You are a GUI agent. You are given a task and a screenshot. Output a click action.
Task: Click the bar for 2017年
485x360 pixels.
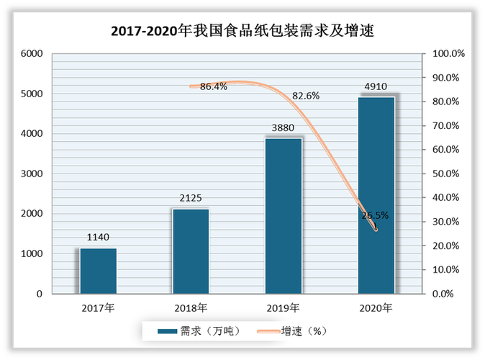(98, 271)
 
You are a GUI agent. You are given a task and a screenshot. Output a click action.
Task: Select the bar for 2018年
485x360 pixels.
(191, 251)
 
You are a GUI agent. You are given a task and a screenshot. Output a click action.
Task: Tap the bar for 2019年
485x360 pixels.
(284, 216)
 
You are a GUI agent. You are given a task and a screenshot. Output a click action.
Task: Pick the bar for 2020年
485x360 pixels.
(376, 195)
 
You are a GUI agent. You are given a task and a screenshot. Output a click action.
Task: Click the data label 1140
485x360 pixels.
(98, 237)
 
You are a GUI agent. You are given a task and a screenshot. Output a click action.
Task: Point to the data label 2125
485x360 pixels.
(191, 197)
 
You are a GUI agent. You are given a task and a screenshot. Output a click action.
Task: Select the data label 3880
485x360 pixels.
(284, 127)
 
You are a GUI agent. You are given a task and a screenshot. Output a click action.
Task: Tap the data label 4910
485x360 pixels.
(376, 86)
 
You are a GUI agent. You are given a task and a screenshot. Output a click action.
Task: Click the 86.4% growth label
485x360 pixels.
(214, 86)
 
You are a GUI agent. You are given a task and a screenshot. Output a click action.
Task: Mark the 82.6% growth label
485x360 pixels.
(306, 96)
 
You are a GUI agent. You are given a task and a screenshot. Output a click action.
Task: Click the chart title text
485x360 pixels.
(242, 32)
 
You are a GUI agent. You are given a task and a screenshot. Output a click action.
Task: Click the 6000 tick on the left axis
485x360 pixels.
(31, 54)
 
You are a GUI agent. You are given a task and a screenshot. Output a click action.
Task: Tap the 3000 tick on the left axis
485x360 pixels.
(31, 174)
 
